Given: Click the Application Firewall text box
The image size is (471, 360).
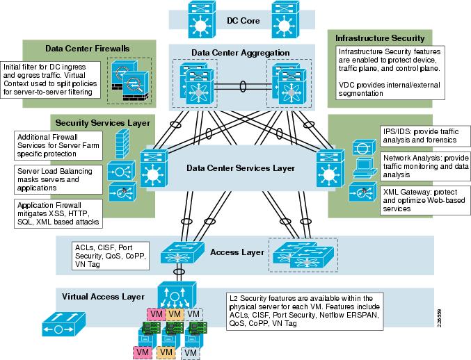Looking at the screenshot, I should click(x=56, y=213).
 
